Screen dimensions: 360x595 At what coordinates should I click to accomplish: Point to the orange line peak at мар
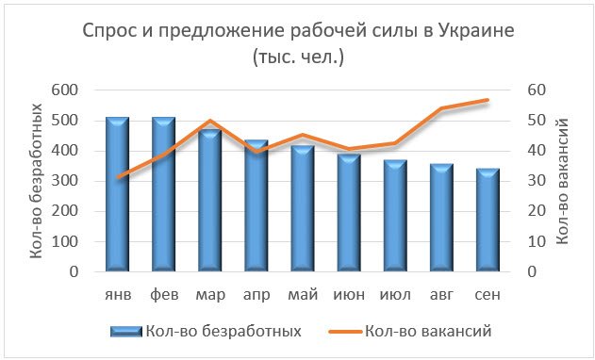(x=209, y=121)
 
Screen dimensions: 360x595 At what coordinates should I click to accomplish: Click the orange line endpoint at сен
(x=488, y=100)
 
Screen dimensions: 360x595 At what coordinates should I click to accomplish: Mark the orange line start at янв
(x=117, y=177)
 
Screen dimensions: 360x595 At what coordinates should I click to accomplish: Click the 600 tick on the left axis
(x=77, y=90)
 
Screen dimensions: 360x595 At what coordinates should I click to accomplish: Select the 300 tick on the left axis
(x=77, y=181)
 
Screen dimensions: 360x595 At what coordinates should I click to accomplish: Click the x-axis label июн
(x=349, y=295)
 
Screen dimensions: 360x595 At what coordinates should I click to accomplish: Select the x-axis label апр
(x=256, y=295)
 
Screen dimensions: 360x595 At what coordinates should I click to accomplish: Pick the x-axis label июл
(x=395, y=295)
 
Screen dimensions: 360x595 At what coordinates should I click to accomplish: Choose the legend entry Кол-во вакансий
(x=427, y=331)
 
